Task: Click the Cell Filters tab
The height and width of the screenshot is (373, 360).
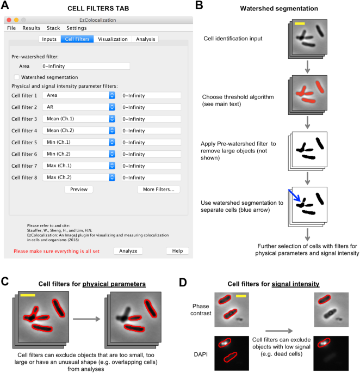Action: coord(77,39)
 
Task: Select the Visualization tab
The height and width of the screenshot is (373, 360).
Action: coord(113,39)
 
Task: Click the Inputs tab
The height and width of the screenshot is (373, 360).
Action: coord(49,39)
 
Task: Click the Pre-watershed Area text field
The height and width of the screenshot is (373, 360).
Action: coord(85,66)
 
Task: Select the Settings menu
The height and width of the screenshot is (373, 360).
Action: coord(76,28)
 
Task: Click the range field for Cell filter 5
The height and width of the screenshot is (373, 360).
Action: coord(151,143)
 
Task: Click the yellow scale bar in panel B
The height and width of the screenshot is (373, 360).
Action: coord(300,24)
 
